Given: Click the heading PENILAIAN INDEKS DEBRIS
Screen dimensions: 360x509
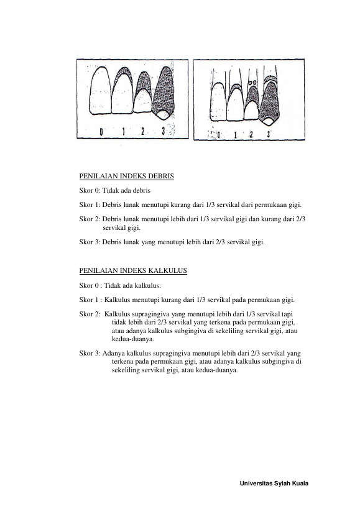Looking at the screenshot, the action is tap(127, 177).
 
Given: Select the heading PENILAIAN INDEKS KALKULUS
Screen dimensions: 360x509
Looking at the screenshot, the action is tap(133, 271).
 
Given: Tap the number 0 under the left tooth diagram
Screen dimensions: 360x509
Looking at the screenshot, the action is tap(101, 132).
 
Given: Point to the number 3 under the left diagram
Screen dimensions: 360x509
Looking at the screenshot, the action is tap(164, 131).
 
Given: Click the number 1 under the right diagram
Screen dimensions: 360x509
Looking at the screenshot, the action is tap(236, 134).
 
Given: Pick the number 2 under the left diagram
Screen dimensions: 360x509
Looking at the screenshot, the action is tap(142, 131).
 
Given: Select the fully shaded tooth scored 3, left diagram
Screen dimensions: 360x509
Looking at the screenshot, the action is tap(164, 93).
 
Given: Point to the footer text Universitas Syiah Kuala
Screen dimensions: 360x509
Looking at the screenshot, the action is tap(274, 484).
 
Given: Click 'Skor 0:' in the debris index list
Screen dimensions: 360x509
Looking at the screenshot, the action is tap(90, 191).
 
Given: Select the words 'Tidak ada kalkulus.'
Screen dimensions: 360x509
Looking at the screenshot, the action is tap(132, 286).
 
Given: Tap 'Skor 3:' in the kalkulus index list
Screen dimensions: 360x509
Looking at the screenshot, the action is tap(90, 353).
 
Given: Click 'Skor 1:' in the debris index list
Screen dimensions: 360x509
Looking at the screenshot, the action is tap(90, 205).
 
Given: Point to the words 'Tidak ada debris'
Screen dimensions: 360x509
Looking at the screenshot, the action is tap(126, 191).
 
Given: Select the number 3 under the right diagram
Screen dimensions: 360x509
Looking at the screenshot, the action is tap(269, 134).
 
